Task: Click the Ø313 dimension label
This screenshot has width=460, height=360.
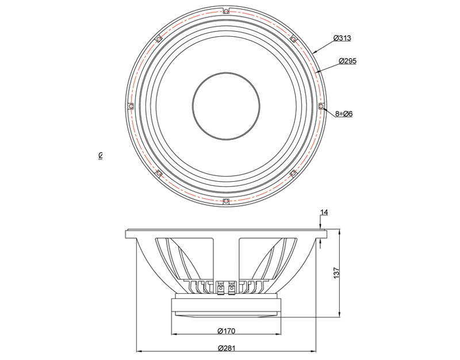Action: click(x=342, y=38)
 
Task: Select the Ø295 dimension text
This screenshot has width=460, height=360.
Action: click(x=348, y=61)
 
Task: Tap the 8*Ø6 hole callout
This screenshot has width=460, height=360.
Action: click(x=344, y=113)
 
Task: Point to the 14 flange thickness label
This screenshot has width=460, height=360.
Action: click(x=324, y=212)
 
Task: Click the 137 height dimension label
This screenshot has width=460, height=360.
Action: click(x=336, y=273)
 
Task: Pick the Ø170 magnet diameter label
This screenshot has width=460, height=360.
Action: click(x=227, y=331)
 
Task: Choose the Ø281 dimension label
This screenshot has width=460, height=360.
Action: click(x=227, y=348)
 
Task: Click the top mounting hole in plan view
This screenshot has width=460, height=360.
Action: click(x=225, y=11)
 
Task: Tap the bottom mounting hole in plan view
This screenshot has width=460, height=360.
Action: click(x=225, y=201)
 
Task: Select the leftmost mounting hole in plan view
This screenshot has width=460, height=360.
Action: click(x=131, y=106)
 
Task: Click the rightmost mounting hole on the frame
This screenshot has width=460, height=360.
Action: click(x=321, y=106)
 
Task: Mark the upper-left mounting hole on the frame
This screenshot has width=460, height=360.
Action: click(x=159, y=39)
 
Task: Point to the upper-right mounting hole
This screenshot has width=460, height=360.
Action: click(x=293, y=39)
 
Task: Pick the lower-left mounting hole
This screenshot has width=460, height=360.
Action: click(x=159, y=173)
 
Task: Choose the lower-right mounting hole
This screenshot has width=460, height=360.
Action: click(x=293, y=173)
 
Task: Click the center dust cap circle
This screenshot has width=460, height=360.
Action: click(x=226, y=106)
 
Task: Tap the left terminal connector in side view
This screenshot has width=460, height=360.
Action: click(x=220, y=288)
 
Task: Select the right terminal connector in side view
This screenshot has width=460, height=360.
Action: click(x=232, y=288)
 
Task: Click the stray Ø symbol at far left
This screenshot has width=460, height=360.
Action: click(x=100, y=155)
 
